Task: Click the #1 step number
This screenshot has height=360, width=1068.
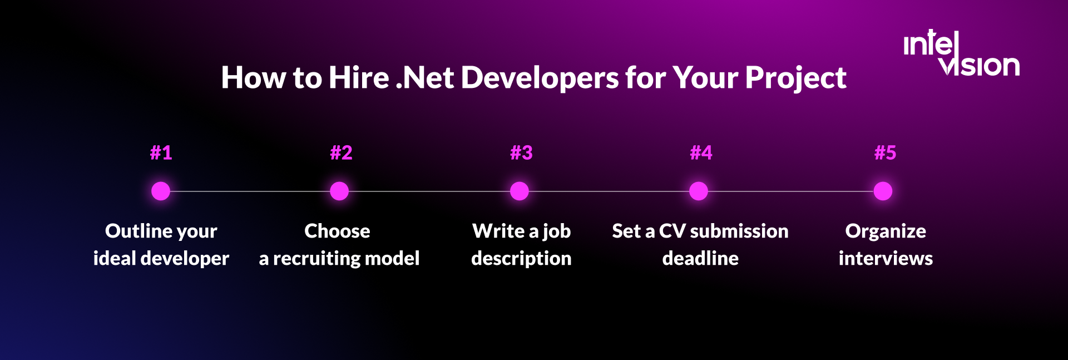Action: tap(161, 152)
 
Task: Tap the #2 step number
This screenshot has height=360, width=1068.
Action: tap(341, 152)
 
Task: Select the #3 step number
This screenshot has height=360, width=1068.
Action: tap(521, 152)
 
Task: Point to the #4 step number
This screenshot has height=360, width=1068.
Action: tap(701, 152)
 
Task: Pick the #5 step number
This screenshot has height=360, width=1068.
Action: tap(885, 152)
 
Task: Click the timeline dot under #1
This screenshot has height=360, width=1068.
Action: tap(161, 191)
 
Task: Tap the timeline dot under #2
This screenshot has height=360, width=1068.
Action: tap(339, 191)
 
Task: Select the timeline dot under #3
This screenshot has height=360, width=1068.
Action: tap(520, 191)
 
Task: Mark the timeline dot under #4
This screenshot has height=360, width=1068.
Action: tap(699, 191)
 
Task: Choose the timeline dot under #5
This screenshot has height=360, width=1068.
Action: tap(883, 191)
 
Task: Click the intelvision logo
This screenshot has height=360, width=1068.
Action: tap(961, 54)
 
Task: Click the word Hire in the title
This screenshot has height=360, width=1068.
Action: tap(359, 77)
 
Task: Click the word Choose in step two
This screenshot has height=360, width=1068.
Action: tap(337, 231)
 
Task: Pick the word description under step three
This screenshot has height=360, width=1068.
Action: tap(521, 259)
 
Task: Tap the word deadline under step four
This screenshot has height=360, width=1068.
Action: tap(700, 258)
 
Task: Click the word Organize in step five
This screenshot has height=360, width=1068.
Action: tap(886, 231)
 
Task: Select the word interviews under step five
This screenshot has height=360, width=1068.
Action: tap(886, 258)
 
